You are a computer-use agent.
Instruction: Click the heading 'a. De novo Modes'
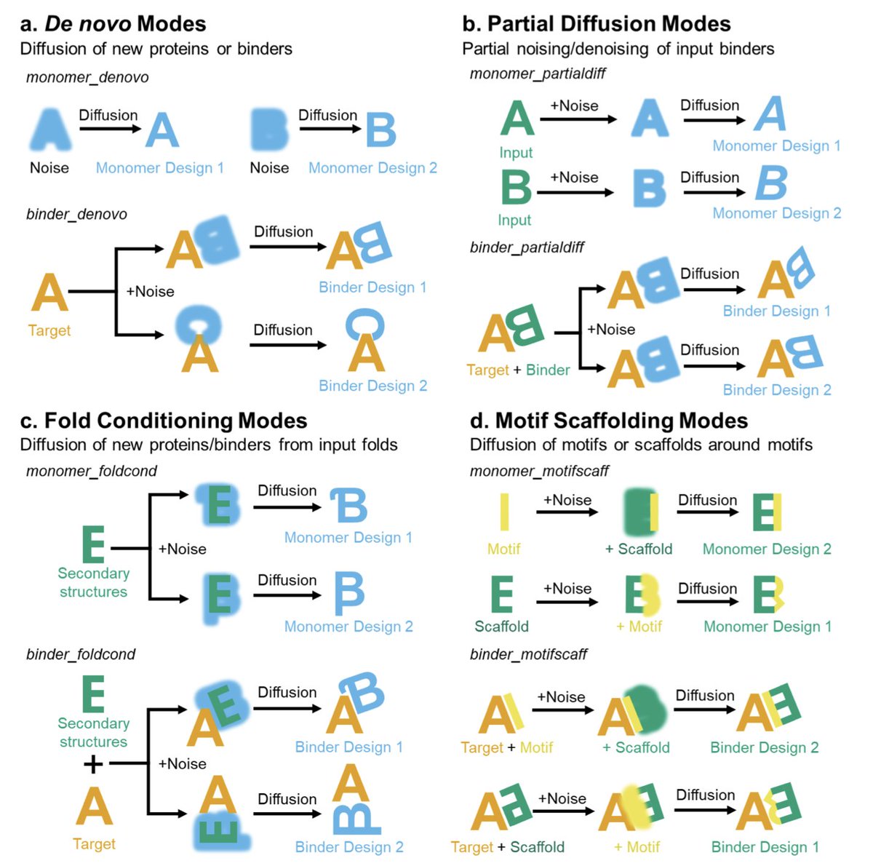point(113,24)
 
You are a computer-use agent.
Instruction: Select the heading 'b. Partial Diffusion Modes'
point(596,24)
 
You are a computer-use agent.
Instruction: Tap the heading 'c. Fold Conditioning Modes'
point(164,421)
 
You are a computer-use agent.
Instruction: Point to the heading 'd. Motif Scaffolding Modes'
point(609,421)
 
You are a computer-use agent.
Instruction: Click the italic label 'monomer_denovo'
point(87,77)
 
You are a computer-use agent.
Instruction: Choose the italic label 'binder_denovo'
point(76,214)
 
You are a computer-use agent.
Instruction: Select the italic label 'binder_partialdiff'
point(527,247)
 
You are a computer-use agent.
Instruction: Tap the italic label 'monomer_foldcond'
point(92,471)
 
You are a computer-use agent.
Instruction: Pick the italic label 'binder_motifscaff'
point(528,654)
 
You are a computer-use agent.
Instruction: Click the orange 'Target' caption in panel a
point(49,330)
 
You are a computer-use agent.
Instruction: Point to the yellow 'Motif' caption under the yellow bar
point(503,549)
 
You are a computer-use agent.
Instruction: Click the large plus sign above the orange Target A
point(93,764)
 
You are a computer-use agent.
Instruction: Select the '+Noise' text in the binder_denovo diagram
point(150,291)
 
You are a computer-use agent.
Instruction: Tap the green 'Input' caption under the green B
point(514,220)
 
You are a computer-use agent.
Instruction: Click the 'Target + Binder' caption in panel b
point(518,370)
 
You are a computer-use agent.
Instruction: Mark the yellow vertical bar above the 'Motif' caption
point(504,512)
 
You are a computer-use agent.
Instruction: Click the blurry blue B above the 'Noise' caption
point(268,130)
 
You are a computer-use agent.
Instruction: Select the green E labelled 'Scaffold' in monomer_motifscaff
point(502,594)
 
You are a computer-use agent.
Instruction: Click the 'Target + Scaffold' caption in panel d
point(507,847)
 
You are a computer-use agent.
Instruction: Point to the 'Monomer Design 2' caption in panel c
point(348,627)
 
